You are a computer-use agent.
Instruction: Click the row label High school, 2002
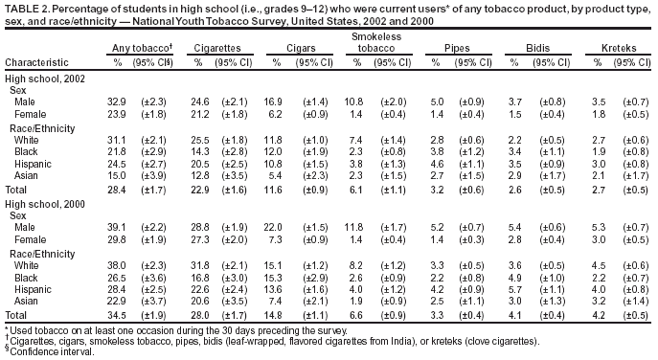(x=42, y=77)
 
